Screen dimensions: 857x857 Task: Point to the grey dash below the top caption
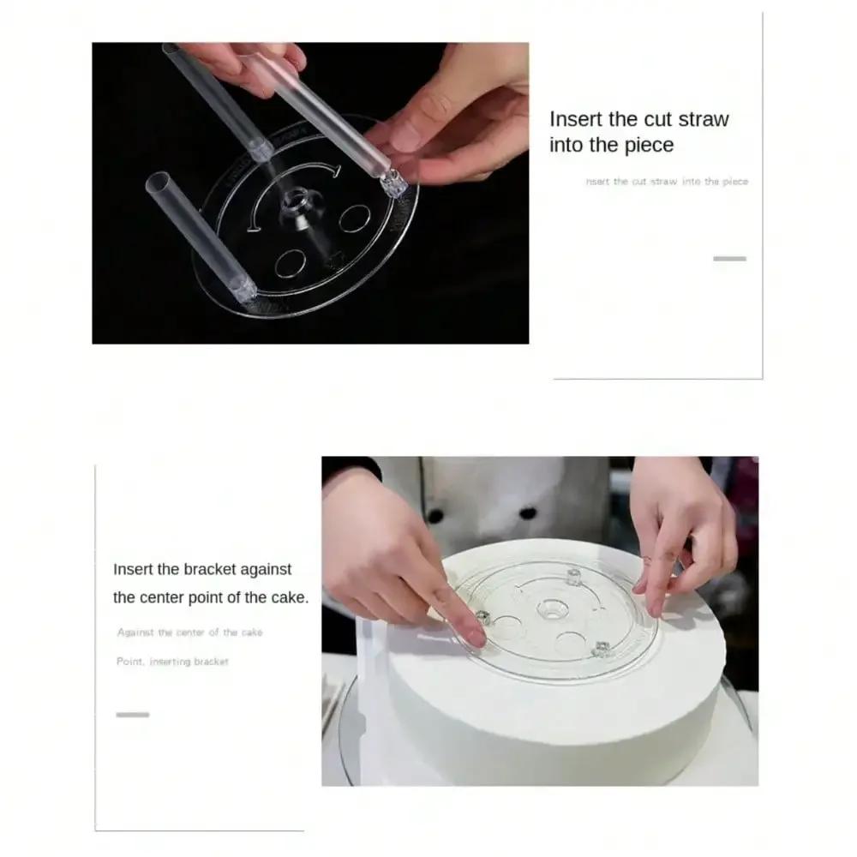click(729, 258)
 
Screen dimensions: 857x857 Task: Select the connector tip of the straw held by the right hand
click(393, 186)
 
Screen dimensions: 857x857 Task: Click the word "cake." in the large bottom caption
click(288, 597)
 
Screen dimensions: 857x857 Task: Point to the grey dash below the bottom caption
click(133, 714)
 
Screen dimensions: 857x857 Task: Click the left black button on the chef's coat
click(434, 517)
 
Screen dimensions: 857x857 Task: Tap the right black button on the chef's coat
click(529, 513)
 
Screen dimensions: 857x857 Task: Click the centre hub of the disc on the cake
click(548, 611)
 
